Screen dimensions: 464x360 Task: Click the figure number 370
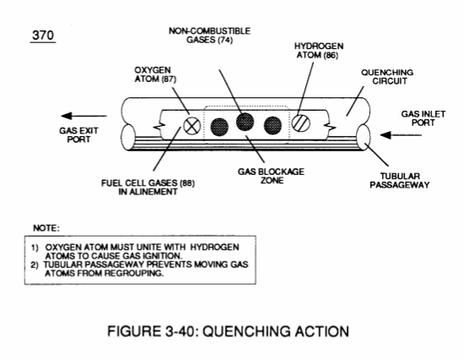43,35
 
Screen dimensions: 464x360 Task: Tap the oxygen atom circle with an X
192,126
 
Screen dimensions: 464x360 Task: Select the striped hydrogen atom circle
301,123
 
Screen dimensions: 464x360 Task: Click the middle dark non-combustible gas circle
245,122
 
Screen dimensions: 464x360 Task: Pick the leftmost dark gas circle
219,128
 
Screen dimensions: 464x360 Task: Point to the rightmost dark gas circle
272,126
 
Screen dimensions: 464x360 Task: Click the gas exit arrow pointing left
84,116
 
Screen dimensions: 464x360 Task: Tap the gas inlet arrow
401,135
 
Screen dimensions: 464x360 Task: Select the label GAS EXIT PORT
79,135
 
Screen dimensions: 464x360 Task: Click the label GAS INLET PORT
423,118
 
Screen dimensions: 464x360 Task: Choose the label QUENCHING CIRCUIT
387,77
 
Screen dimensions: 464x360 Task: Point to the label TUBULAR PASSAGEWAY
400,181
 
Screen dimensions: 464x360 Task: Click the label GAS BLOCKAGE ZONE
271,176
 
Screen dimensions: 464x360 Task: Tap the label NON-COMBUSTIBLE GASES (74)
210,35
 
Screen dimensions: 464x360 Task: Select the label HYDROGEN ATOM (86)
319,51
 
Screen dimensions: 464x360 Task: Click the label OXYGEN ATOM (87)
155,74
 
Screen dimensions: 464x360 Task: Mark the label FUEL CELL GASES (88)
148,183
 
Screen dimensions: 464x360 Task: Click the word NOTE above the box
46,228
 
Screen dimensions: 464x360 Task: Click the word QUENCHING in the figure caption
240,331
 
